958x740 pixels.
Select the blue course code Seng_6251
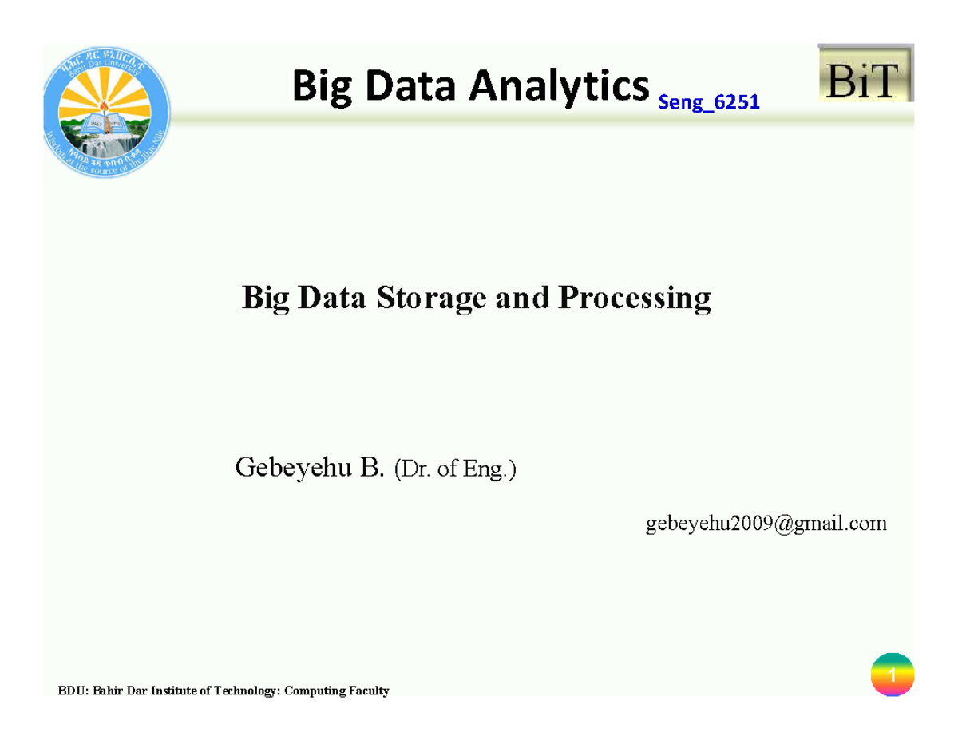tap(707, 102)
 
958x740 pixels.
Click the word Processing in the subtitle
tap(634, 299)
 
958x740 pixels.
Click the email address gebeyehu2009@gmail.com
tap(766, 524)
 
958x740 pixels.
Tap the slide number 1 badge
tap(892, 676)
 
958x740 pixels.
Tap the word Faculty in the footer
tap(366, 691)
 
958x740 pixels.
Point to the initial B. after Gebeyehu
tap(372, 468)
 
